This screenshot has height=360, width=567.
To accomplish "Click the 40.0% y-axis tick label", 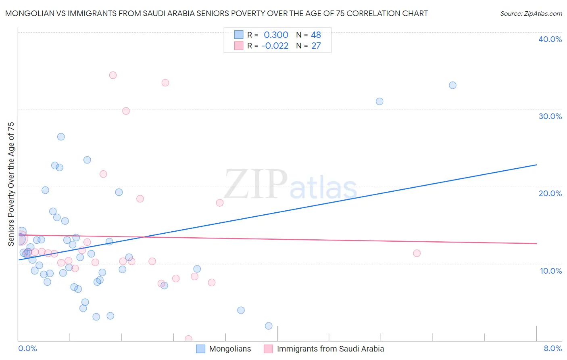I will pos(550,39).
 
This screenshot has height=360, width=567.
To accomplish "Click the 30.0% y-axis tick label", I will pos(550,116).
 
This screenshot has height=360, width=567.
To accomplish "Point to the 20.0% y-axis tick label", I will pos(550,193).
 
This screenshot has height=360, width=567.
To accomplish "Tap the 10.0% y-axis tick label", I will pos(551,271).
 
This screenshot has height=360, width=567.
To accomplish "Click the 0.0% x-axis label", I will pos(27,348).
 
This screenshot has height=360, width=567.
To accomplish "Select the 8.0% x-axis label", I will pos(552,348).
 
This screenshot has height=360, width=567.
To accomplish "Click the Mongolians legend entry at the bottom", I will pos(229,349).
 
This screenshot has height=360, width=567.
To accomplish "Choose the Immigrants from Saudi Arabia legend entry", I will pos(330,349).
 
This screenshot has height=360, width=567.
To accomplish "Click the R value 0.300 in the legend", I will pos(276,35).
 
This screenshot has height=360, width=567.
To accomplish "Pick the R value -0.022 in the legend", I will pos(275,46).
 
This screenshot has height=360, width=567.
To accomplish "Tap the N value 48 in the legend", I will pos(316,35).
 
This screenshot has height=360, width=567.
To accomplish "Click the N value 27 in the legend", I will pos(316,46).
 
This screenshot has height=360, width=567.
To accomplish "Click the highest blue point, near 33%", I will pos(452,85).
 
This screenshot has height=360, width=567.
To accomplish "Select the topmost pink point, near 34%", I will pos(113,75).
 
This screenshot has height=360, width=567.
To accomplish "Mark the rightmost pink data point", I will pos(417,253).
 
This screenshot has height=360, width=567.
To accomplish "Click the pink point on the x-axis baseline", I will pos(188,339).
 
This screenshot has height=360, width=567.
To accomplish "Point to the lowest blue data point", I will pos(269,326).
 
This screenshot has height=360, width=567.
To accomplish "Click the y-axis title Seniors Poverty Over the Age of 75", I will pos(11,184).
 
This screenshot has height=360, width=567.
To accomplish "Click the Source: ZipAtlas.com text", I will pos(531,14).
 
